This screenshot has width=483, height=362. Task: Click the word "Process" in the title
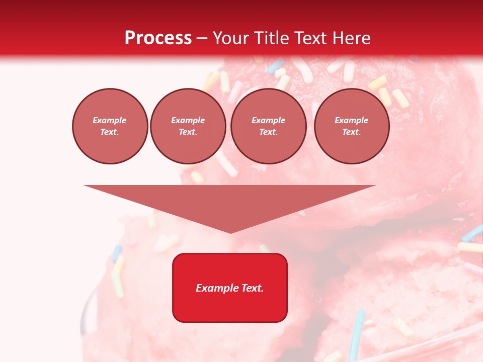(158, 38)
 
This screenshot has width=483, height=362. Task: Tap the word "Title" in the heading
(271, 38)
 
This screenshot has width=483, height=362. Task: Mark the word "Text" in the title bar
(311, 38)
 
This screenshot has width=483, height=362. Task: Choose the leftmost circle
(110, 126)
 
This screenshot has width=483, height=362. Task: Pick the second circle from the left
(188, 126)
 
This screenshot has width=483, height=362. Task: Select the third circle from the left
(268, 126)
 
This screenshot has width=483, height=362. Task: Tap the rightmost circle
(352, 126)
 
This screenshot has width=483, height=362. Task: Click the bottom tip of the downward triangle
(230, 232)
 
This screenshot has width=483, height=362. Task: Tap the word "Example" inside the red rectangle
(217, 288)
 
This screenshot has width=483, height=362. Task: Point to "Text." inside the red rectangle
(253, 288)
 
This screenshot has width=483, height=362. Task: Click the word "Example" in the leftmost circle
(110, 121)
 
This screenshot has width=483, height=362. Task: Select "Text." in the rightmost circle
(351, 132)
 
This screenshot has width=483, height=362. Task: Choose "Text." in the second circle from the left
(188, 132)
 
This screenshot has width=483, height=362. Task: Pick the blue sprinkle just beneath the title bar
(276, 65)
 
